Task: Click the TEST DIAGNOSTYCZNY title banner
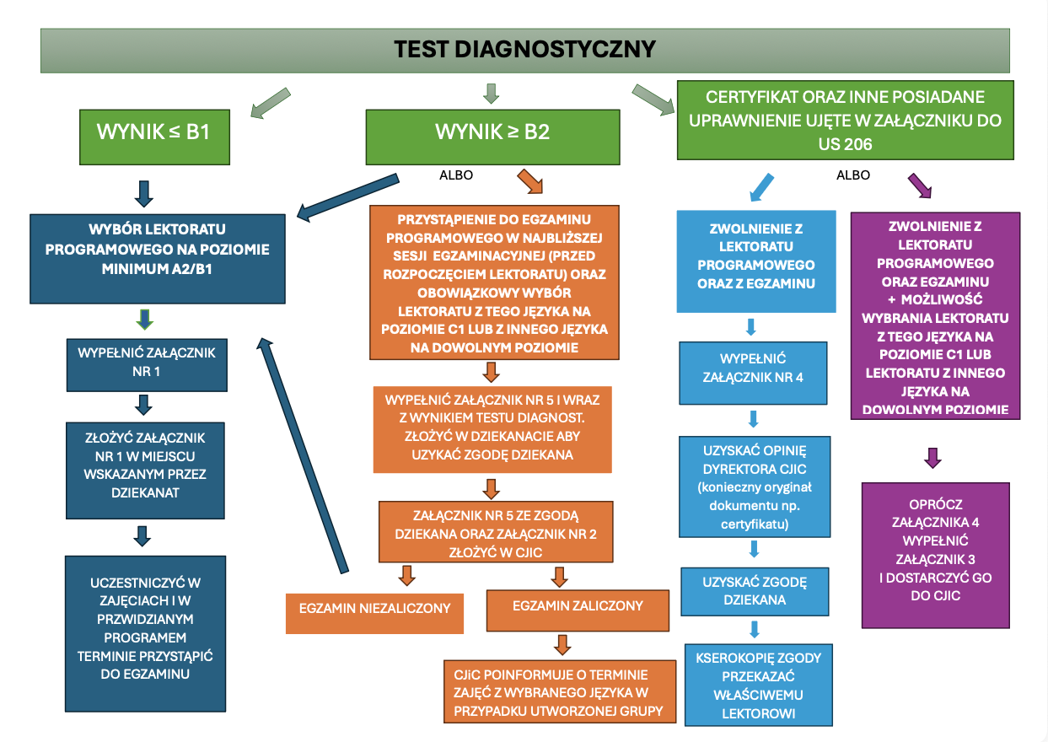click(x=524, y=49)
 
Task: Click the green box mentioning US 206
click(x=846, y=120)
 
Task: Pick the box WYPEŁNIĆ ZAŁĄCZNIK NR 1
click(x=147, y=360)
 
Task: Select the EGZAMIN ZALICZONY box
click(x=578, y=606)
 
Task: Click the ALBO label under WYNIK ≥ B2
click(x=456, y=175)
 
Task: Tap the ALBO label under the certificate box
click(x=852, y=175)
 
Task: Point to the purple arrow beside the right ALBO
click(x=919, y=185)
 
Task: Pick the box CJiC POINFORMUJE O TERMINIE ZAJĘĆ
click(x=561, y=691)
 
